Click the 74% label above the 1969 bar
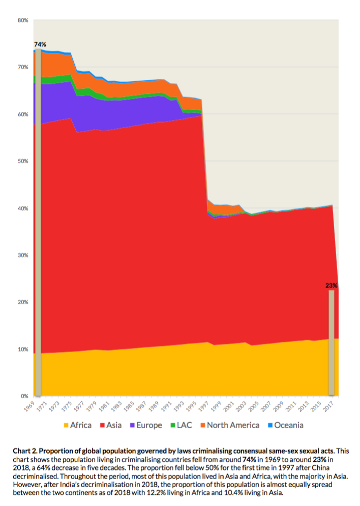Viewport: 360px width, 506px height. tap(40, 45)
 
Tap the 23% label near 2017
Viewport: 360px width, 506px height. tap(331, 286)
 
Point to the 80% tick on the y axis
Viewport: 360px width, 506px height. tap(23, 20)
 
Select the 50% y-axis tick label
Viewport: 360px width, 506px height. tap(23, 161)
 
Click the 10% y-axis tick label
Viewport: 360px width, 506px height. tap(23, 349)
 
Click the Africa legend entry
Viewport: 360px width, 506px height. tap(77, 425)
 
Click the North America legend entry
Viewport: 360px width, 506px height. tap(229, 425)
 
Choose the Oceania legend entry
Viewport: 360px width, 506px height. tap(285, 425)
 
